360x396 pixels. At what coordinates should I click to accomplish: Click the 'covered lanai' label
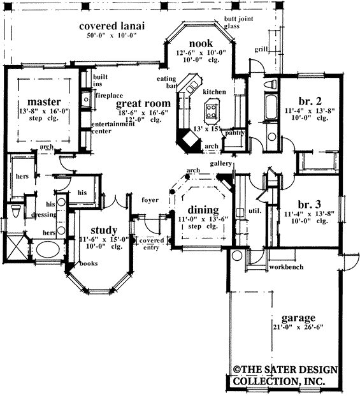pyautogui.click(x=112, y=26)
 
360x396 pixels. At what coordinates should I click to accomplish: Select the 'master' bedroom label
pyautogui.click(x=44, y=101)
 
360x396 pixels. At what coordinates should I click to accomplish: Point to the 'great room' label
pyautogui.click(x=143, y=103)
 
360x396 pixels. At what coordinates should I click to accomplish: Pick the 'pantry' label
pyautogui.click(x=235, y=133)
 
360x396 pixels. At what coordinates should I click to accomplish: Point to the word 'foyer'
pyautogui.click(x=150, y=199)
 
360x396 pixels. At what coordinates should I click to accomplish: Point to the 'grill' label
pyautogui.click(x=261, y=48)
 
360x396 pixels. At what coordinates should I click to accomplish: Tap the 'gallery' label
pyautogui.click(x=222, y=164)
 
